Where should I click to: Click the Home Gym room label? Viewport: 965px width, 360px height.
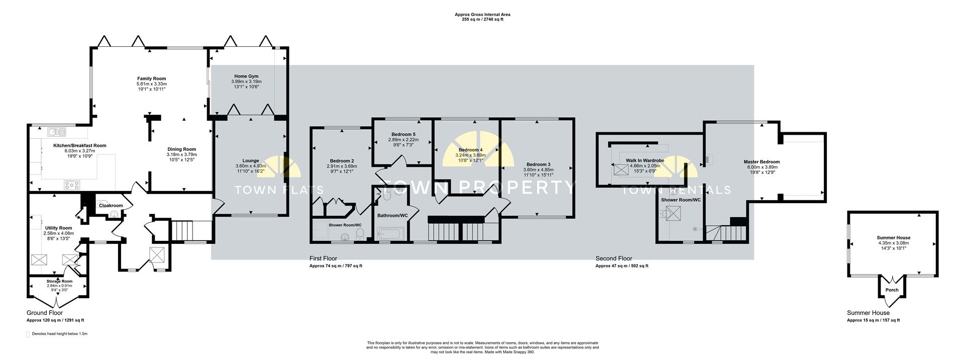(x=246, y=76)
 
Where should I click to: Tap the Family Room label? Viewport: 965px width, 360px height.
(x=152, y=78)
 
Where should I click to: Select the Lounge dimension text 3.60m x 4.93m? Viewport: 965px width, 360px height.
(x=250, y=166)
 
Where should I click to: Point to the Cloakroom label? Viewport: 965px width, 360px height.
(x=111, y=206)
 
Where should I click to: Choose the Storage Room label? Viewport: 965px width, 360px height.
(x=60, y=282)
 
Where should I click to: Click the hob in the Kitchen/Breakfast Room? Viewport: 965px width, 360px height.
(x=72, y=185)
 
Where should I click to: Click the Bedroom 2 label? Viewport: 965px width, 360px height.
(x=342, y=161)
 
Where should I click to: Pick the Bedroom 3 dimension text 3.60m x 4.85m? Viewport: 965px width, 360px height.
(x=538, y=170)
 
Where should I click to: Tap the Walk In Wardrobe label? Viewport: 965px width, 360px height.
(x=645, y=160)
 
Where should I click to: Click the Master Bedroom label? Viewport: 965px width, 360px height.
(x=762, y=162)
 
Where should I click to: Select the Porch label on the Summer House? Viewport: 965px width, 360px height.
(x=892, y=290)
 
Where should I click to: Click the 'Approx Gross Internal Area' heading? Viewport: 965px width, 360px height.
(x=482, y=15)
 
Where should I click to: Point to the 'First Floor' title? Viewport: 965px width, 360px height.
(x=323, y=258)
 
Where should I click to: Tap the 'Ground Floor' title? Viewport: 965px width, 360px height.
(x=45, y=313)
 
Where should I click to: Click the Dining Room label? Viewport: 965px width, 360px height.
(x=181, y=149)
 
